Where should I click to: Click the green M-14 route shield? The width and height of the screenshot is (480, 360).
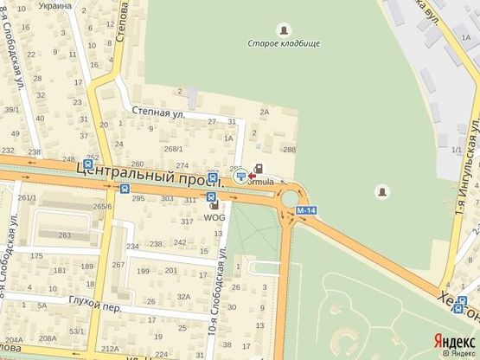tap(303, 210)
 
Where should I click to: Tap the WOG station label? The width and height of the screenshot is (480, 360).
tap(214, 217)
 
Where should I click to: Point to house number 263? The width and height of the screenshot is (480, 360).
tap(64, 235)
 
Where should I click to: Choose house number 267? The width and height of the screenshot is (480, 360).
tap(118, 264)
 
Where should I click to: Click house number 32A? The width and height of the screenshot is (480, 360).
tap(183, 297)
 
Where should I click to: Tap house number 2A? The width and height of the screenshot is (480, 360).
tap(265, 112)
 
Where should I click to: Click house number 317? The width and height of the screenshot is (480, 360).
tap(188, 222)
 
